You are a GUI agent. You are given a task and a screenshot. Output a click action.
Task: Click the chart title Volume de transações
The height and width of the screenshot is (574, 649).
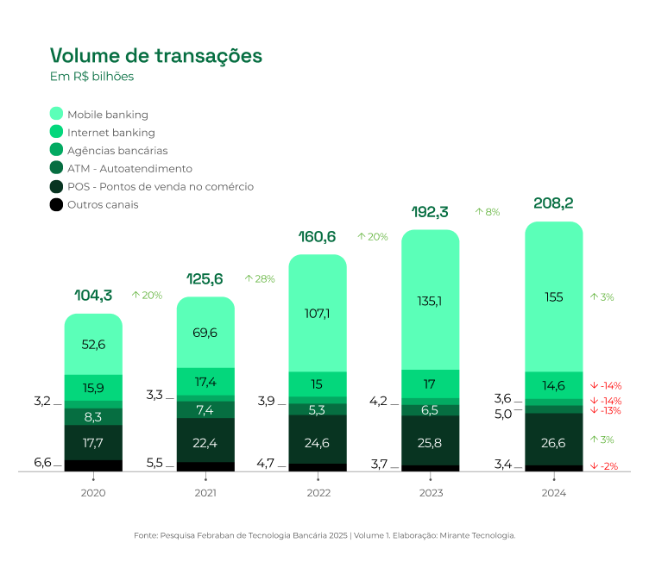click(156, 56)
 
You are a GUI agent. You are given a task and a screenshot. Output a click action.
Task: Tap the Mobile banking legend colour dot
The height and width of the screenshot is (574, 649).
click(57, 114)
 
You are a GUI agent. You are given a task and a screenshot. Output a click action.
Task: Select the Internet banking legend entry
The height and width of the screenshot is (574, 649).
click(110, 133)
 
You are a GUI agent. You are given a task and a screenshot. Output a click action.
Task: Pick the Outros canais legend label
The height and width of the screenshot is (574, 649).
click(103, 204)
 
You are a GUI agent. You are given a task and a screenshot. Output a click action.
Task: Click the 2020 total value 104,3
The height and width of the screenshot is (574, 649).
click(94, 296)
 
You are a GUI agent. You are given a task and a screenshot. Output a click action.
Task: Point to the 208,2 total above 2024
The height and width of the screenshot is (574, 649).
click(554, 203)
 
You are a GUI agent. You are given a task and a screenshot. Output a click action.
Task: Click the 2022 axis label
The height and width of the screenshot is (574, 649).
click(318, 493)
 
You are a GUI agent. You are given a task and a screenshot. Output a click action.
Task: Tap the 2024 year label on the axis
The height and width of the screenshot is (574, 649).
click(554, 493)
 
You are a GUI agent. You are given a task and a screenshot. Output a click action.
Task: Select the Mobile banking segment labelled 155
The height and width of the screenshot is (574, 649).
click(554, 297)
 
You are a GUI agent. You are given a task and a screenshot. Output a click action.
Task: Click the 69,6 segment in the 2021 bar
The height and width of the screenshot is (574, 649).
click(205, 333)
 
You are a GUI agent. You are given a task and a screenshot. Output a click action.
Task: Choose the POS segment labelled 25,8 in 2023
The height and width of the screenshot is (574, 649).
click(431, 442)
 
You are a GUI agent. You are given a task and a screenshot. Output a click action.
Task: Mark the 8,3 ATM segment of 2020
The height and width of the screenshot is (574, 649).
click(93, 417)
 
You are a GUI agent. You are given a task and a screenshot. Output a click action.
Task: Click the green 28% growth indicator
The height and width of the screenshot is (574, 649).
click(259, 278)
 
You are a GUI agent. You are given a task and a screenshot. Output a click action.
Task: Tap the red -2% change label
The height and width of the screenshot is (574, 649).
click(606, 466)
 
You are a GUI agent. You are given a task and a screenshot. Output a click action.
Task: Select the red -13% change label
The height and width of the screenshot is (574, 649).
click(606, 410)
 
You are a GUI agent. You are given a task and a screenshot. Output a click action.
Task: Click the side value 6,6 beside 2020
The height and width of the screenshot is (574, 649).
click(42, 463)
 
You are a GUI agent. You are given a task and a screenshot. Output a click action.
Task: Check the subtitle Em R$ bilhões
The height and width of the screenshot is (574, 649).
click(92, 77)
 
